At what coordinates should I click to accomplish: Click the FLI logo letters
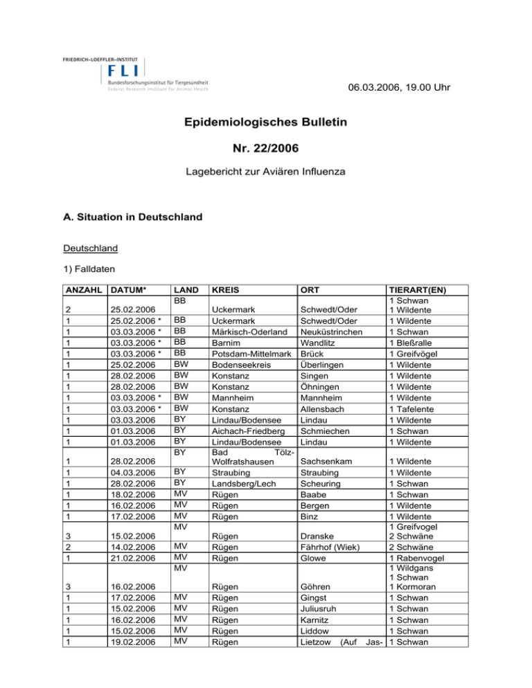pyautogui.click(x=123, y=69)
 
